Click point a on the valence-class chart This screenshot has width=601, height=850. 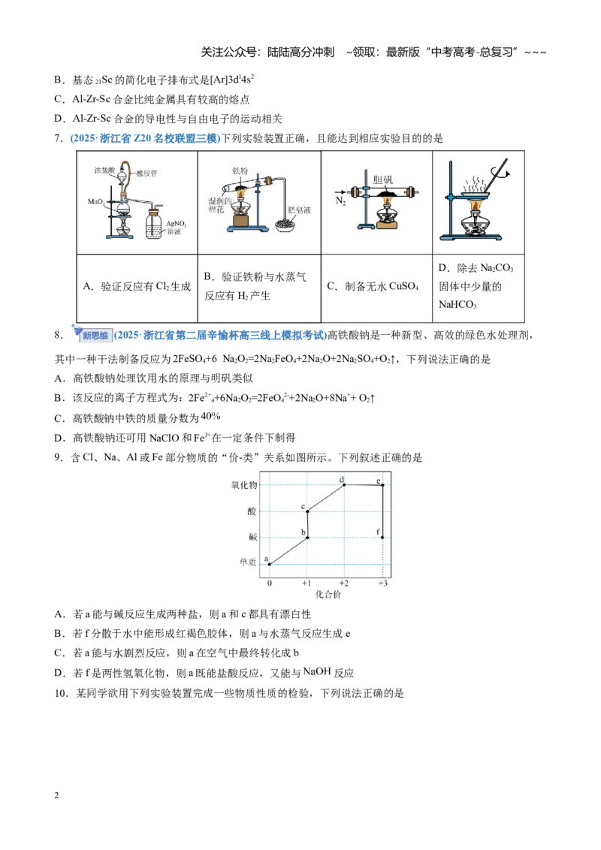point(270,564)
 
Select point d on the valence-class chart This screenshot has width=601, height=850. point(344,484)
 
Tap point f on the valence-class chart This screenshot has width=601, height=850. point(382,537)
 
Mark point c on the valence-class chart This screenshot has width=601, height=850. point(307,511)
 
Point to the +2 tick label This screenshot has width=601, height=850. point(344,583)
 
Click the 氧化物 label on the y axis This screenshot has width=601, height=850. point(244,485)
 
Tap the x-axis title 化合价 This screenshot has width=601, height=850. point(328,594)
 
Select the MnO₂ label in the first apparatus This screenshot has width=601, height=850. point(96,202)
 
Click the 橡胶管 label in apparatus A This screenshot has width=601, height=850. point(146,173)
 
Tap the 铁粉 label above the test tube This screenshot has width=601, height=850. point(240,170)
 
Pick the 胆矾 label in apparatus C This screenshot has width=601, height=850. point(382,179)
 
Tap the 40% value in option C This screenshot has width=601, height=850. point(210,416)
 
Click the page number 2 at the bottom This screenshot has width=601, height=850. point(56,795)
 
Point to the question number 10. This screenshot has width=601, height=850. point(62,693)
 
